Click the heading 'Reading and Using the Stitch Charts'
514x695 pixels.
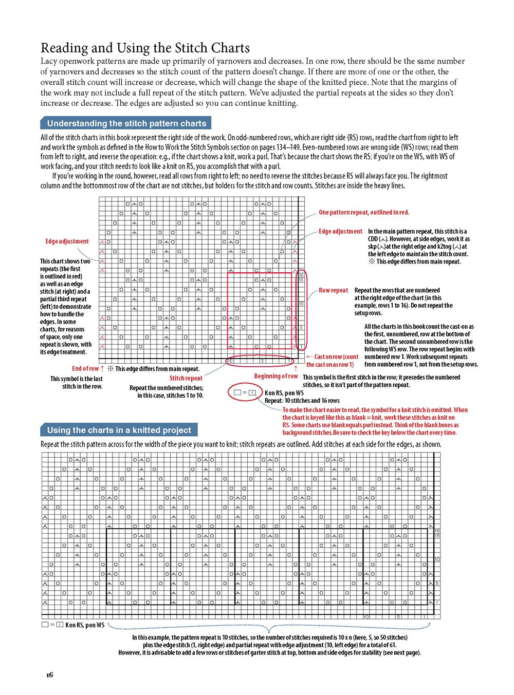[145, 48]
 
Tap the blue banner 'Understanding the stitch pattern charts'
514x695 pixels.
[126, 123]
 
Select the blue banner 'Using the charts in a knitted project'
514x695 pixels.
[119, 430]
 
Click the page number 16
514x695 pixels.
[49, 674]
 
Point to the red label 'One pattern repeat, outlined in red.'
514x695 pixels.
[364, 212]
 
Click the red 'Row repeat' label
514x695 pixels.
[333, 290]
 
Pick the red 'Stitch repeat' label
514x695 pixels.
[186, 378]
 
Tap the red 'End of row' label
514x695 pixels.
[85, 368]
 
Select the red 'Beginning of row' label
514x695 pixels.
[276, 376]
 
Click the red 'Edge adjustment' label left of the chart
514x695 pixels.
[67, 241]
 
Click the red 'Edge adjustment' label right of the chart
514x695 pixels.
[340, 232]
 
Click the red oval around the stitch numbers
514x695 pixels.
[260, 361]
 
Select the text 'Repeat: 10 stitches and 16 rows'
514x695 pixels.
[302, 401]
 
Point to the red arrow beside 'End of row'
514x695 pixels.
[102, 368]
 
